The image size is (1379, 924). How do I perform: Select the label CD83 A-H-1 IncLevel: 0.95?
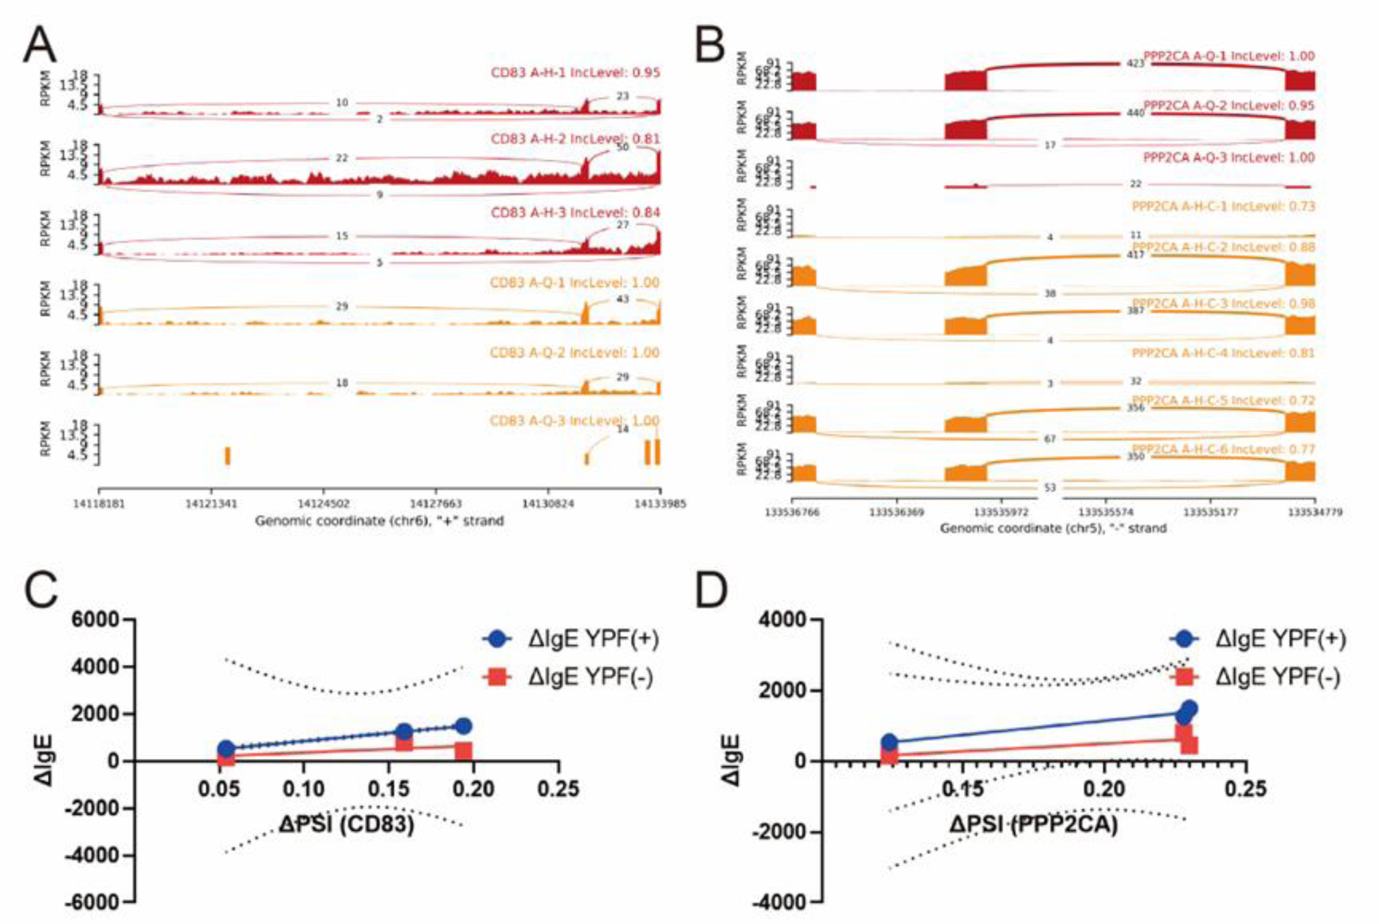coord(574,73)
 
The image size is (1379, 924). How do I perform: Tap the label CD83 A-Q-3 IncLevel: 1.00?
coord(574,421)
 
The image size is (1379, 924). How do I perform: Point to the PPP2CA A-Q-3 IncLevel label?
coord(1228,158)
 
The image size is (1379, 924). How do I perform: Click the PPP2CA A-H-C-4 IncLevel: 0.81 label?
coord(1223,352)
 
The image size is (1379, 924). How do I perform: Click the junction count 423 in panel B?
coord(1134,63)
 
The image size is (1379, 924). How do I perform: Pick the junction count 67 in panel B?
coord(1050,438)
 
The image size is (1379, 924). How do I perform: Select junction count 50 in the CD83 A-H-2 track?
coord(622,147)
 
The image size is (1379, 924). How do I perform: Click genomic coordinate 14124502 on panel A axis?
coord(323,504)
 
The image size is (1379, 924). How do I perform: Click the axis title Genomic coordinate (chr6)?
coord(379,521)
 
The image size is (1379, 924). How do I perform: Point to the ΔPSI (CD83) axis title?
coord(347,824)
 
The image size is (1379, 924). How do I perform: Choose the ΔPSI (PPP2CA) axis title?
coord(1033,824)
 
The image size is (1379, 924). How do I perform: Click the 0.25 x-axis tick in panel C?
coord(558,789)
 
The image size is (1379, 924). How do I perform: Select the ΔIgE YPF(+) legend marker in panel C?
coord(498,639)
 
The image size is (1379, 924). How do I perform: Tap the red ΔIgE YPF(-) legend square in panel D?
coord(1185,676)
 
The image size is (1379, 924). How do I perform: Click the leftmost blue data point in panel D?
coord(889,742)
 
